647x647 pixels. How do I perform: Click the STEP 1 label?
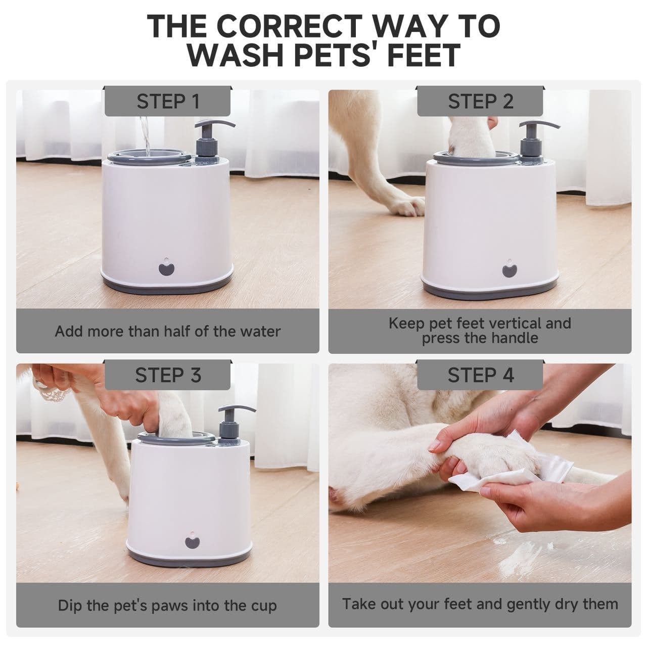pos(167,102)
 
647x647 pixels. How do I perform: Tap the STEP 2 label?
pos(480,102)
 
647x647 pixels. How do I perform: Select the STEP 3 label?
pos(168,375)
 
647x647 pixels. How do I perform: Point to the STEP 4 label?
pos(481,375)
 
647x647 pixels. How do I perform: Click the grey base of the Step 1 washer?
pos(167,286)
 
